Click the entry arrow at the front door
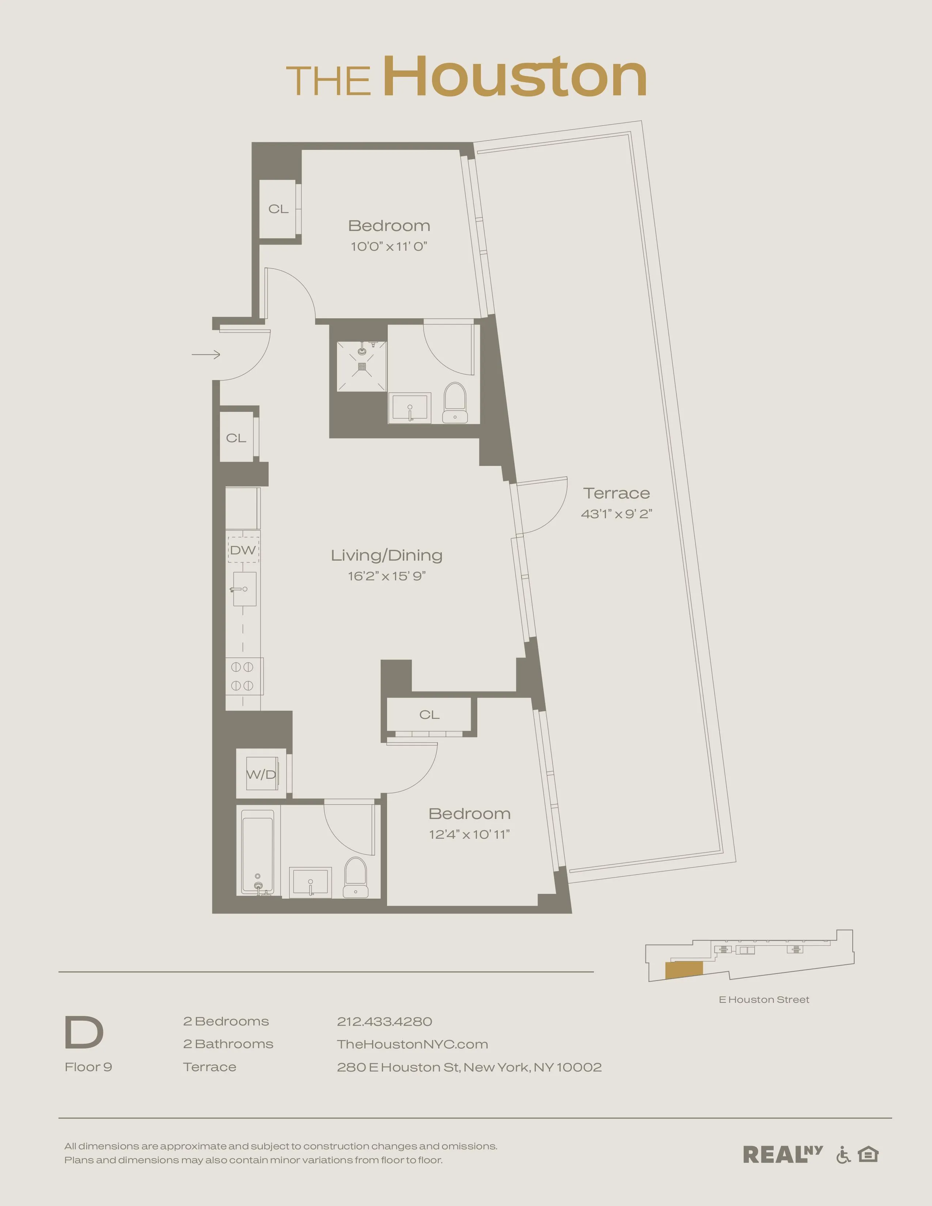[206, 354]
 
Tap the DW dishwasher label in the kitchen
[243, 550]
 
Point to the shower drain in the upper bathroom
[361, 366]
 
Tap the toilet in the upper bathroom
[455, 403]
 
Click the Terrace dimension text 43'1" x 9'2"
[616, 513]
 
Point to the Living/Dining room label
[386, 555]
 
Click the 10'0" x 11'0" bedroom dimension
[389, 247]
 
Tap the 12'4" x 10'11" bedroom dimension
[469, 834]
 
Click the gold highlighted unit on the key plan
[683, 970]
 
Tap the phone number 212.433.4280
[384, 1021]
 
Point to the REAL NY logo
[782, 1154]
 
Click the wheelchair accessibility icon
[843, 1154]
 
